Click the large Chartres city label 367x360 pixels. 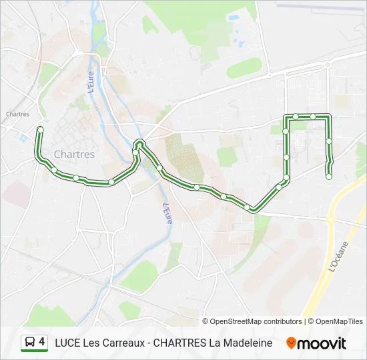tap(74, 154)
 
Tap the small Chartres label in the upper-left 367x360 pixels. tap(17, 114)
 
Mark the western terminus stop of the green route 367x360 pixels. tap(40, 129)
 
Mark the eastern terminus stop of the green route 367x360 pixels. tap(329, 177)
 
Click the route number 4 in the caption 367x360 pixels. tap(42, 342)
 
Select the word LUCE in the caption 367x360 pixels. tap(67, 343)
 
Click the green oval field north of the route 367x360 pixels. tap(244, 67)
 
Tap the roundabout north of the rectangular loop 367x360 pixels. tap(328, 65)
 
